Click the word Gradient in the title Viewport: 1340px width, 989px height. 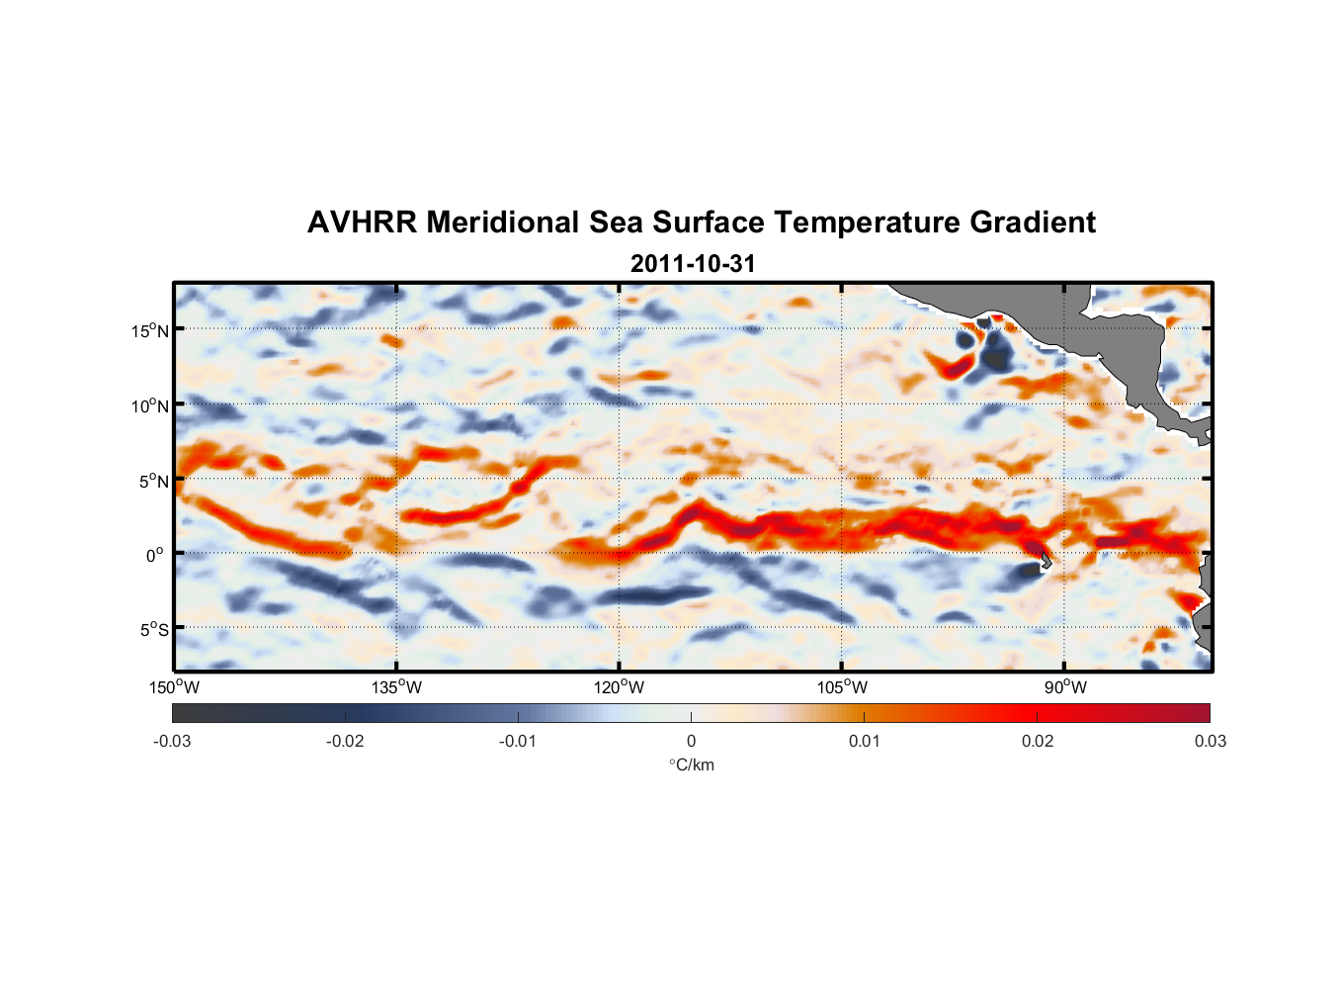1032,223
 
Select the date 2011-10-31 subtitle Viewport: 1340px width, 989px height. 692,264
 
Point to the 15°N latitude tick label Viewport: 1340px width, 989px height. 150,330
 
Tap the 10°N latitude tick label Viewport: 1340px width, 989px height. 150,405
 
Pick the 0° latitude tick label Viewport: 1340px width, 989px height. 155,555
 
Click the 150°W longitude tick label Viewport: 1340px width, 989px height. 175,687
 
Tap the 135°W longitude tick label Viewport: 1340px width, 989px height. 397,687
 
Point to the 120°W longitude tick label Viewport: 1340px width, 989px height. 620,687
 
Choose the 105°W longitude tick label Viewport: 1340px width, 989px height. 842,687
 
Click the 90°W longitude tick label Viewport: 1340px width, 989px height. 1065,687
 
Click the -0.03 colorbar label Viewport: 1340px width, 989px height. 172,741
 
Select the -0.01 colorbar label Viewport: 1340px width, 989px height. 518,741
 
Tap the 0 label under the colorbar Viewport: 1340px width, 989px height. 691,741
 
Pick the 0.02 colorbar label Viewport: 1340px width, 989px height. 1038,741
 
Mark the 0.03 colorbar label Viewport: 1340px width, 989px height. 1210,741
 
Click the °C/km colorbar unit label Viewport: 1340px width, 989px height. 691,764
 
